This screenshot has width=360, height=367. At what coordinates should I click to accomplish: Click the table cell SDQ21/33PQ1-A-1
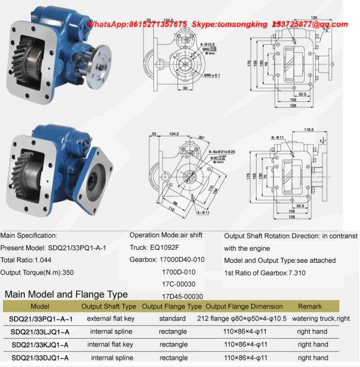click(x=41, y=319)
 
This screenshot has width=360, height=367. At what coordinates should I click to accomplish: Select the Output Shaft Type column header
click(x=109, y=306)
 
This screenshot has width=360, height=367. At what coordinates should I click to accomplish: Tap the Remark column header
click(x=310, y=306)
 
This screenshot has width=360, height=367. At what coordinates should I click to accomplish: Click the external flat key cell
click(x=111, y=319)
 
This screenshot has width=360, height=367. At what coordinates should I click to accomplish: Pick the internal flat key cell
click(x=110, y=345)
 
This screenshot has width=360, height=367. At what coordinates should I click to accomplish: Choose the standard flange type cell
click(x=172, y=319)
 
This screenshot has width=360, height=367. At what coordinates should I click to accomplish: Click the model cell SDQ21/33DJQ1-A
click(x=39, y=358)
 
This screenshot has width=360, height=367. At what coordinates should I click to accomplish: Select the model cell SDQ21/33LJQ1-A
click(x=39, y=332)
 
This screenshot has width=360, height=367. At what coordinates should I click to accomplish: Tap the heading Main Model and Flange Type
click(x=66, y=294)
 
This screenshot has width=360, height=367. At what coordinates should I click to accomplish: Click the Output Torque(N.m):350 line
click(x=37, y=272)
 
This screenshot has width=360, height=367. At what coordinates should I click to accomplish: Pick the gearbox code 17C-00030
click(x=179, y=284)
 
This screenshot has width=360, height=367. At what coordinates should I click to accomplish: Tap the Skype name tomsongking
click(x=246, y=24)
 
